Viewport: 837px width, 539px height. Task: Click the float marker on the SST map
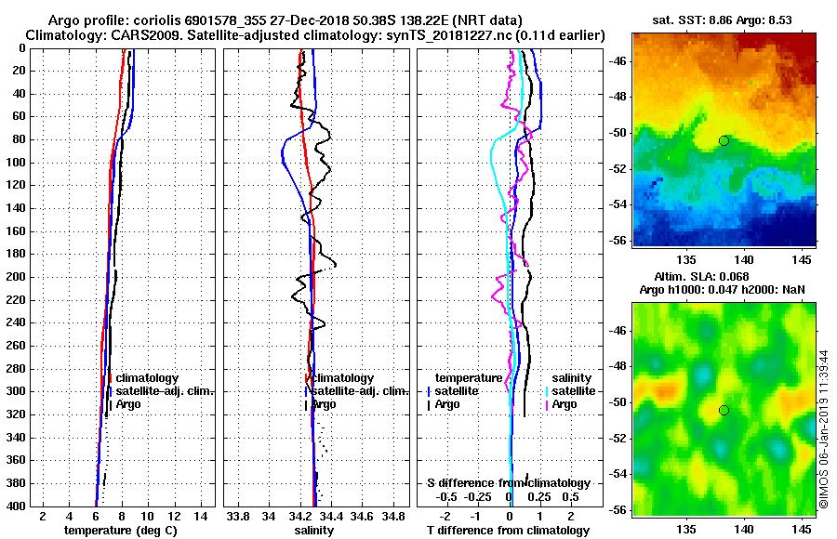pyautogui.click(x=724, y=140)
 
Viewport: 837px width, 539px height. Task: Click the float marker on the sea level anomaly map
pyautogui.click(x=724, y=410)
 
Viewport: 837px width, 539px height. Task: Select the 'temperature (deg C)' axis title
pyautogui.click(x=120, y=531)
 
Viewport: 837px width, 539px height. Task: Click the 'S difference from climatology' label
pyautogui.click(x=508, y=483)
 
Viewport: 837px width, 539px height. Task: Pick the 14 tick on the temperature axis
pyautogui.click(x=199, y=516)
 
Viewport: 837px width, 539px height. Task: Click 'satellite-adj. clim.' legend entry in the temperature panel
pyautogui.click(x=164, y=391)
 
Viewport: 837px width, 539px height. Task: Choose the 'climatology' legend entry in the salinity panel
pyautogui.click(x=343, y=378)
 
